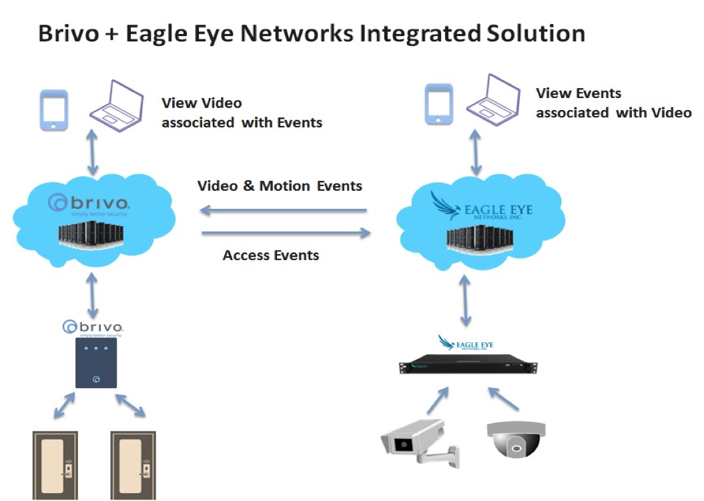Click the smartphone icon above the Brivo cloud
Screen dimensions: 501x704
tap(54, 110)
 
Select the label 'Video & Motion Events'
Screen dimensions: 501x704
tap(280, 185)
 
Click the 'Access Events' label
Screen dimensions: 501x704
tap(270, 255)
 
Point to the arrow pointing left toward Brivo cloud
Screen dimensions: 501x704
tap(284, 211)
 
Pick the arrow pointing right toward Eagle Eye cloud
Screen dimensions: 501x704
tap(286, 233)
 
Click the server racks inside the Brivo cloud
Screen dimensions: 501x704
tap(93, 236)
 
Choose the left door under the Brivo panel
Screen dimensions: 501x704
tap(55, 465)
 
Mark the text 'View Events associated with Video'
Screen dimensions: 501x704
tap(613, 103)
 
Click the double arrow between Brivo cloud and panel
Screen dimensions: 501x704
tap(93, 294)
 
